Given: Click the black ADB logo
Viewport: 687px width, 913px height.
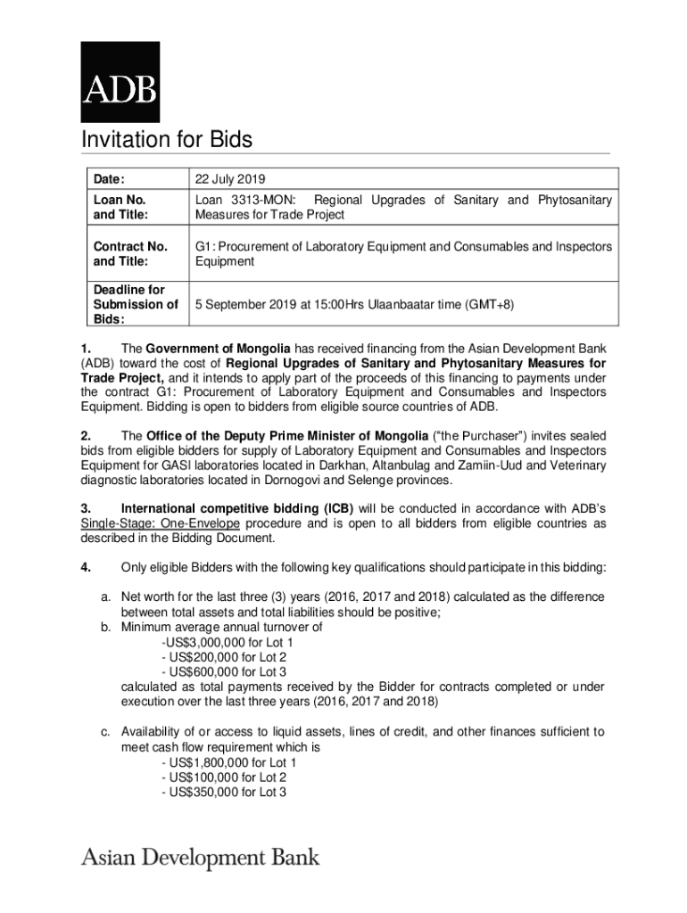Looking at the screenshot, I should click(x=120, y=81).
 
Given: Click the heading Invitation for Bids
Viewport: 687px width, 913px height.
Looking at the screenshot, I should click(x=167, y=140).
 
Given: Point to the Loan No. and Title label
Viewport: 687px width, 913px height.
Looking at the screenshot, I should click(x=120, y=208).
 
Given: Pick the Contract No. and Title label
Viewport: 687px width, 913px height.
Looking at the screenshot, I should click(x=130, y=254).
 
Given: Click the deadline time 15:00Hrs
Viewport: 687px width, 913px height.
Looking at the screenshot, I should click(x=332, y=304).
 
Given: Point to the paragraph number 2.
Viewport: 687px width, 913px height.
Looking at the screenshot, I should click(x=86, y=436).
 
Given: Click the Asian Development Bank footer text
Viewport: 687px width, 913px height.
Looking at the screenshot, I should click(x=201, y=859).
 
